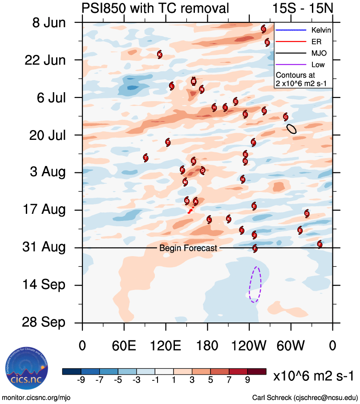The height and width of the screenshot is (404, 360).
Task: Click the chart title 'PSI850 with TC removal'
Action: [155, 8]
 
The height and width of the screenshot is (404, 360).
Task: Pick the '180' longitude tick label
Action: [207, 346]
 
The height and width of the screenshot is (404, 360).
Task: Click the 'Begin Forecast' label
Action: [188, 248]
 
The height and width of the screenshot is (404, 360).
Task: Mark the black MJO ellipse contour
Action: [291, 129]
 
